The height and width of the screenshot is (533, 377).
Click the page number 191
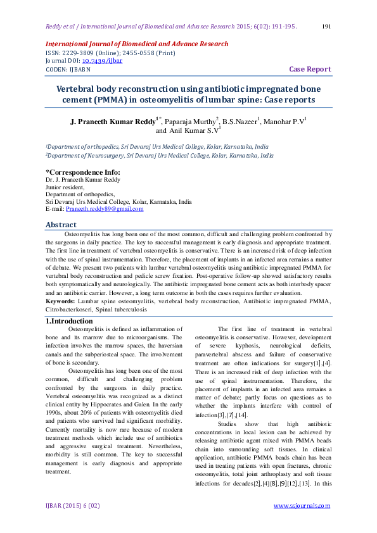(328, 27)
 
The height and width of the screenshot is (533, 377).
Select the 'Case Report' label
(310, 69)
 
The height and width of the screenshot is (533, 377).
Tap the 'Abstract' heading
(61, 225)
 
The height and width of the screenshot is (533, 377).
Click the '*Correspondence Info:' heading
(82, 172)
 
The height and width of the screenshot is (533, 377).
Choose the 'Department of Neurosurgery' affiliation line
(160, 155)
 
